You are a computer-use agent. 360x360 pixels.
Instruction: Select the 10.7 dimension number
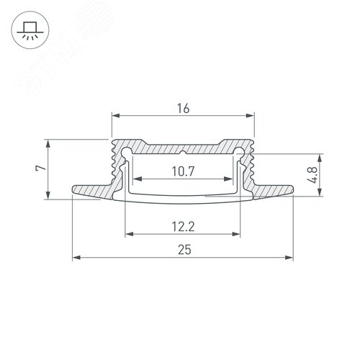click(183, 171)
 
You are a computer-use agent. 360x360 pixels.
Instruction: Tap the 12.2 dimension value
click(183, 225)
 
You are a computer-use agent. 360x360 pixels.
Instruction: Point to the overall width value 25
click(183, 248)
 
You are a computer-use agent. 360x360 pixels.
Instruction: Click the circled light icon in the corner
click(28, 28)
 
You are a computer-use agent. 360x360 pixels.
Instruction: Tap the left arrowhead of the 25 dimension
click(76, 257)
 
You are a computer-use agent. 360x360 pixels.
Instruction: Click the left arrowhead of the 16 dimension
click(114, 114)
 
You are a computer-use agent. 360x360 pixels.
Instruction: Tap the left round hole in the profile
click(127, 152)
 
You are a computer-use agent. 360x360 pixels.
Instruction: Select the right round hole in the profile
click(239, 152)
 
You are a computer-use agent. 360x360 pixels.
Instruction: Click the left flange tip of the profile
click(73, 191)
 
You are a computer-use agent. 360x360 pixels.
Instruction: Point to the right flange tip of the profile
click(292, 191)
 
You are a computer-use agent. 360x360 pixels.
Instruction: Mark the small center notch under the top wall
click(183, 153)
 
